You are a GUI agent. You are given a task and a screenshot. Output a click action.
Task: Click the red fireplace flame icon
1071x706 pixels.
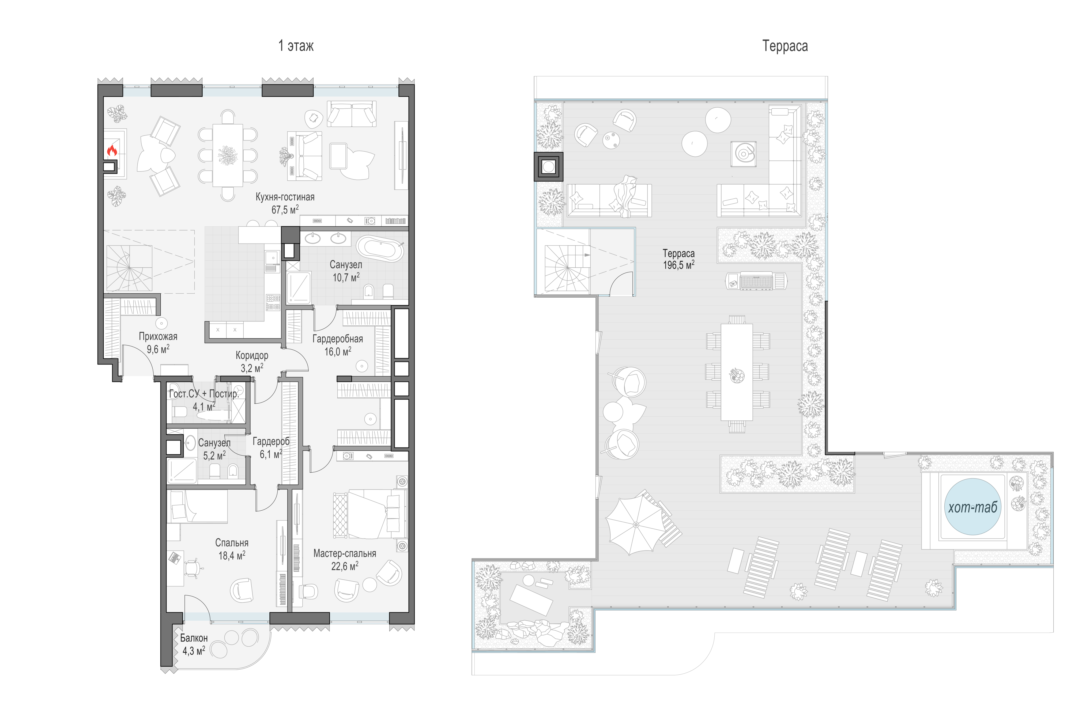pyautogui.click(x=112, y=150)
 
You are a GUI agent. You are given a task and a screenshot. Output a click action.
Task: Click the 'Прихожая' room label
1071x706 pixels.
pyautogui.click(x=158, y=336)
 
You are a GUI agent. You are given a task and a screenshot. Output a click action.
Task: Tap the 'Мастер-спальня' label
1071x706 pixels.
pyautogui.click(x=345, y=553)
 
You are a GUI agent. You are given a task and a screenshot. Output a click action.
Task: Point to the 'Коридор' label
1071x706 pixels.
pyautogui.click(x=252, y=355)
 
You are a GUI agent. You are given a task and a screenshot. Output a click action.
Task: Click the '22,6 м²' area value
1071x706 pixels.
pyautogui.click(x=345, y=566)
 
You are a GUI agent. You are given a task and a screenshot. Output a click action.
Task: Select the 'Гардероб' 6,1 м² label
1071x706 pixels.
pyautogui.click(x=271, y=442)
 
